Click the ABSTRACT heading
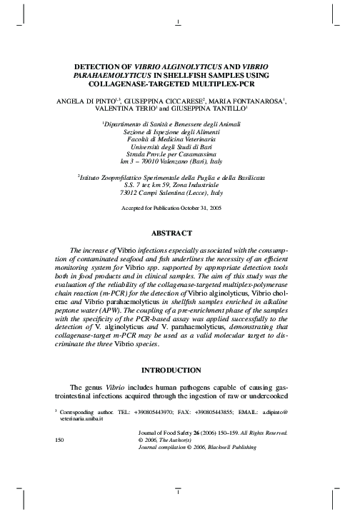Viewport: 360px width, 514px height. [x=179, y=233]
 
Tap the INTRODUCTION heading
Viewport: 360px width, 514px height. [x=179, y=371]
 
